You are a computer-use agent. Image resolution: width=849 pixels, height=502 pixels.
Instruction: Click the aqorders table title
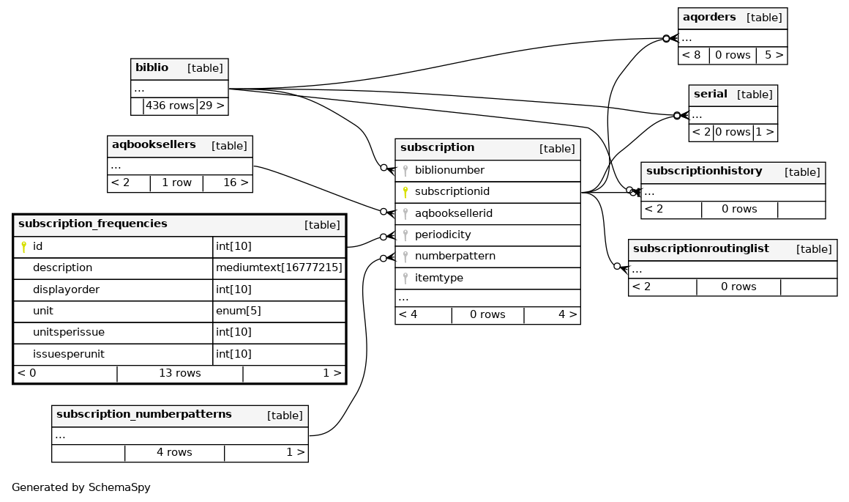click(709, 18)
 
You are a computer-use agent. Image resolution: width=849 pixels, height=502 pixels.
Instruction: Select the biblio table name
click(152, 68)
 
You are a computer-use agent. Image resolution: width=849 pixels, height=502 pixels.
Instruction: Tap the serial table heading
click(710, 95)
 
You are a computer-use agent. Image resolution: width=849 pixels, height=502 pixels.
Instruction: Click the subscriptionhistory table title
click(703, 171)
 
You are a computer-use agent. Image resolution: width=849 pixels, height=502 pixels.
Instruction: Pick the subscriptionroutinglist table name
click(700, 249)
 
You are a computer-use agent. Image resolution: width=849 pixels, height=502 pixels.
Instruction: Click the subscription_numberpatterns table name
click(143, 415)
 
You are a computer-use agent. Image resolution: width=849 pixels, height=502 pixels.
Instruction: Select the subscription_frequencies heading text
click(92, 224)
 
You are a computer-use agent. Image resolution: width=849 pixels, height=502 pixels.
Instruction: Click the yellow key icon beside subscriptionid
click(405, 192)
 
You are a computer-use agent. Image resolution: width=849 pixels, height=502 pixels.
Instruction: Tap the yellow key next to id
click(23, 247)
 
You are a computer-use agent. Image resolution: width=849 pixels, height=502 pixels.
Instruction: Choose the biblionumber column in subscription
click(449, 170)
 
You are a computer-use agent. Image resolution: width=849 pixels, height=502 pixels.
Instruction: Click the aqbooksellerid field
click(453, 213)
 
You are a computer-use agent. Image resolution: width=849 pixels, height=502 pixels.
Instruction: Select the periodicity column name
click(443, 235)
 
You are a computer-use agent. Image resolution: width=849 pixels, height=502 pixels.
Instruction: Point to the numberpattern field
click(455, 256)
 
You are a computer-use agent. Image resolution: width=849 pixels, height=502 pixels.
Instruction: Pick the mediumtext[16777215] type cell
click(279, 268)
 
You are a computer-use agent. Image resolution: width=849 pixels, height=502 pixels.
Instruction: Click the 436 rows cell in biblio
click(170, 106)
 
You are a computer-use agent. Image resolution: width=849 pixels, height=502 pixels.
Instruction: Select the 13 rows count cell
click(179, 373)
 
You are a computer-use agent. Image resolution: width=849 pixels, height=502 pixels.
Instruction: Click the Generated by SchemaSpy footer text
click(81, 487)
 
